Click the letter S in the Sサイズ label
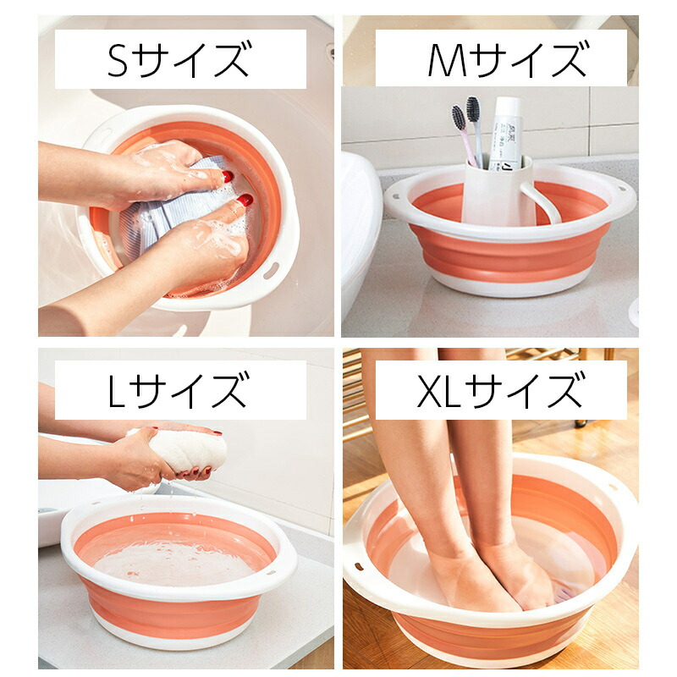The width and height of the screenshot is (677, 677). tap(118, 59)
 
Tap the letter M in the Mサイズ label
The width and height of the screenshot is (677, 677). tap(448, 59)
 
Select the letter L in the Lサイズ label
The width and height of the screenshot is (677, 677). tap(116, 391)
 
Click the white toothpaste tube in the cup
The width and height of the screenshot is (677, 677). tap(505, 132)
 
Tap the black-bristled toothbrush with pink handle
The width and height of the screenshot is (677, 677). tap(464, 135)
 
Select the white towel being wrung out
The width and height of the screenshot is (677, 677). tap(181, 449)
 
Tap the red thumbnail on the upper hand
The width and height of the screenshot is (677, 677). tap(228, 176)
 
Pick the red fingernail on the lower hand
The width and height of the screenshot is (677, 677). tap(245, 200)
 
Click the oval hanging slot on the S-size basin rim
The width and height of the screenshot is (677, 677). tap(271, 271)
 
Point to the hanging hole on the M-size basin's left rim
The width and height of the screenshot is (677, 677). tap(395, 198)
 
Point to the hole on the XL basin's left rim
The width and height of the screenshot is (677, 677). tap(359, 566)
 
